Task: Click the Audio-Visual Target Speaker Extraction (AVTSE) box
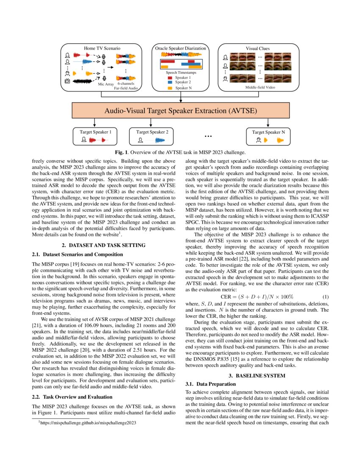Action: click(181, 111)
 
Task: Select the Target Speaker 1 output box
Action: click(95, 136)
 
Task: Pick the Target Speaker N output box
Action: click(269, 136)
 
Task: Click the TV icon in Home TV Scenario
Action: click(67, 81)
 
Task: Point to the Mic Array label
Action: click(106, 84)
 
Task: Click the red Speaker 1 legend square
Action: click(170, 78)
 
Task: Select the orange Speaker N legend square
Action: click(170, 88)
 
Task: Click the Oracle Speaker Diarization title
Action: click(181, 48)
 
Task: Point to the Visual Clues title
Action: click(258, 48)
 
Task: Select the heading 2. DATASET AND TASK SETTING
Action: click(104, 245)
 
